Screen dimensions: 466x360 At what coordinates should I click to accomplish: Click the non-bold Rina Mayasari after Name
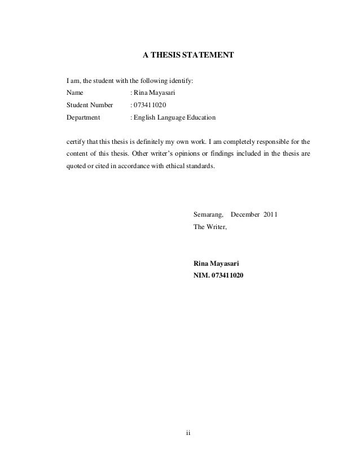pyautogui.click(x=150, y=93)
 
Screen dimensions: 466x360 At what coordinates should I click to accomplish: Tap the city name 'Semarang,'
pyautogui.click(x=209, y=215)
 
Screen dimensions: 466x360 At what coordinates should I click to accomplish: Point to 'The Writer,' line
pyautogui.click(x=209, y=227)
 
